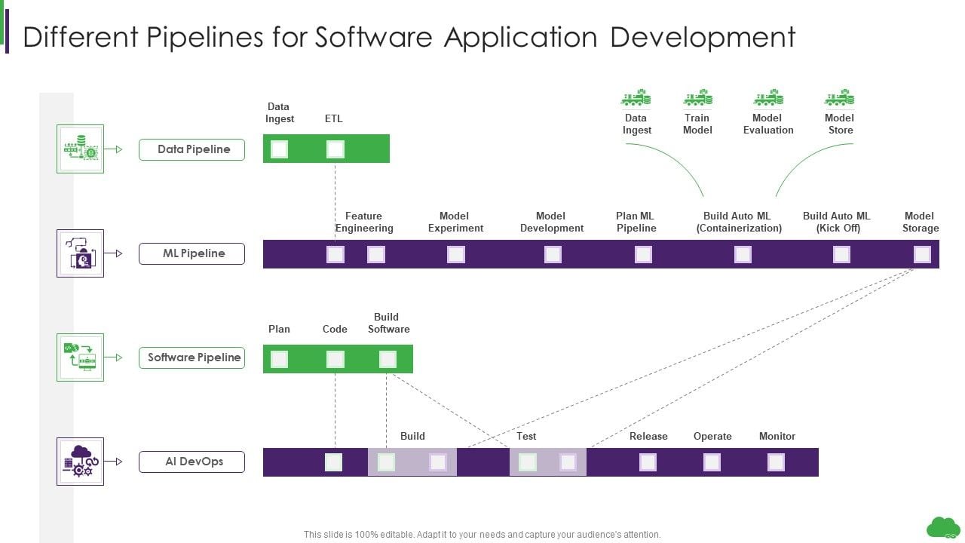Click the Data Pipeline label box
click(191, 149)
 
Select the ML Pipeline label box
click(191, 253)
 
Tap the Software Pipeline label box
click(191, 357)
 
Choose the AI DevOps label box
click(191, 462)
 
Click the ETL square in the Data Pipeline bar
click(335, 149)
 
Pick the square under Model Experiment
click(456, 254)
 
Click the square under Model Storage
click(922, 254)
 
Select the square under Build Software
click(388, 359)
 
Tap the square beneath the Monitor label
click(776, 462)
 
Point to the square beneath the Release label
click(648, 462)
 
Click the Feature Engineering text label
click(364, 222)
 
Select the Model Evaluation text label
click(768, 124)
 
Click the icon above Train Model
click(697, 98)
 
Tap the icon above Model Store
click(839, 98)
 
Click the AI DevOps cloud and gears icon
click(80, 461)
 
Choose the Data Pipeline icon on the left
click(80, 149)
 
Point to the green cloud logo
click(943, 527)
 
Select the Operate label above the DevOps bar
click(712, 436)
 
